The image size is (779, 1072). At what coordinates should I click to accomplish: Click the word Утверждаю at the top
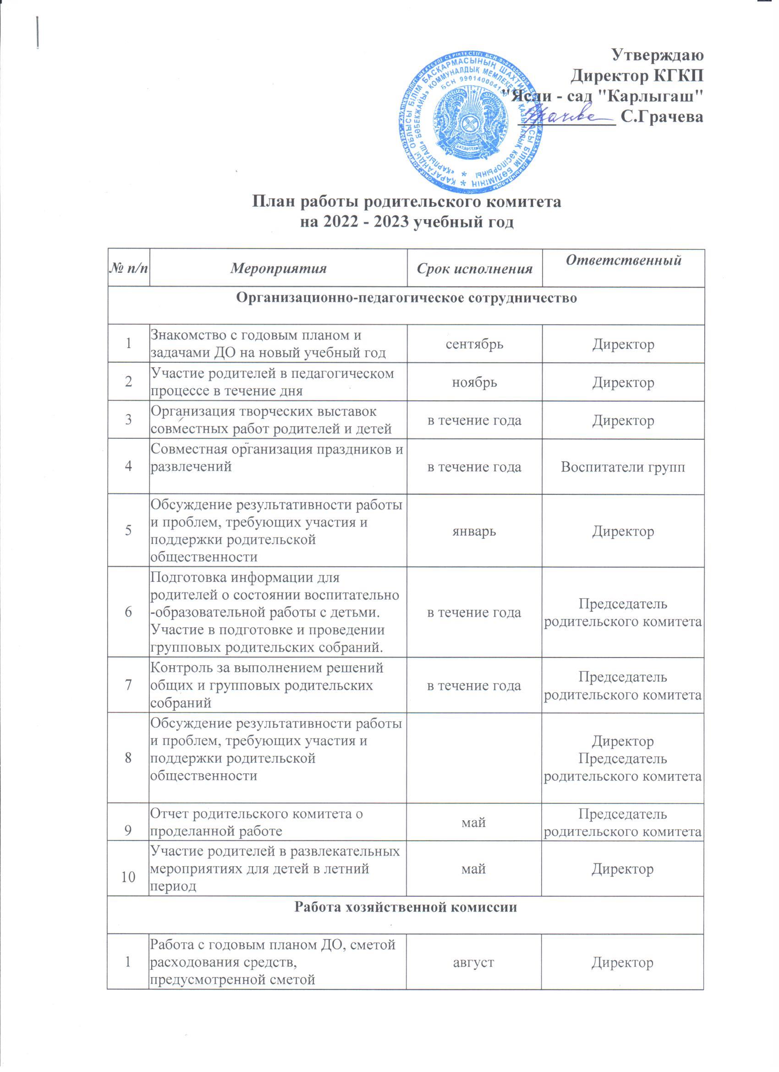pos(658,55)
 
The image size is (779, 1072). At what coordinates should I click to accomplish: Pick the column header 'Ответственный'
pos(623,260)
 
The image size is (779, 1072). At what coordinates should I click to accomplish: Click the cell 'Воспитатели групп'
pos(623,467)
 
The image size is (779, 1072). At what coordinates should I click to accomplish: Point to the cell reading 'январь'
pos(474,531)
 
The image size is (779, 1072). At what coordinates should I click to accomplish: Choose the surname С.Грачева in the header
pos(662,117)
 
